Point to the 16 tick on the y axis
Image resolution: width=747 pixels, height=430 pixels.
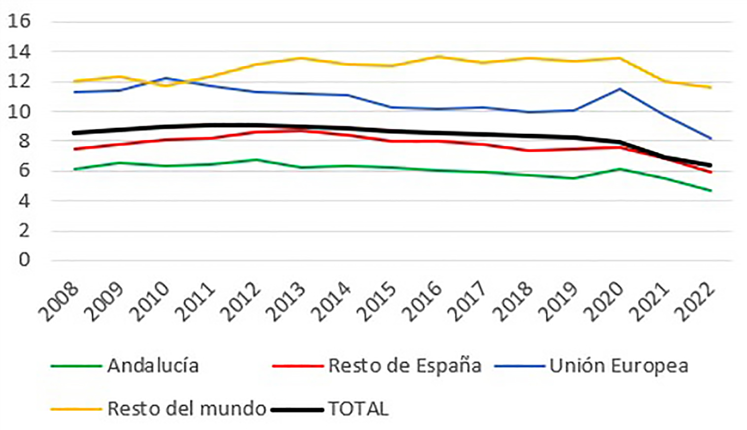click(19, 21)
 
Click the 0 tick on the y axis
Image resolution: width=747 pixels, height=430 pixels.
click(24, 260)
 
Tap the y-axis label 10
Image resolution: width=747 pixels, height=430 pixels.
click(19, 111)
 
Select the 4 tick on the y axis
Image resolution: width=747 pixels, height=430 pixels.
click(24, 200)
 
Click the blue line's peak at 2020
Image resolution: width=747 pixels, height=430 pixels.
click(619, 89)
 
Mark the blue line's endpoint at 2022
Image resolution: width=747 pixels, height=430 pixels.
click(711, 139)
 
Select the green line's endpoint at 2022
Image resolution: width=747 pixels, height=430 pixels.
click(711, 191)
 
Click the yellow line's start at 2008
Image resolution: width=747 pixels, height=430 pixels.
click(74, 81)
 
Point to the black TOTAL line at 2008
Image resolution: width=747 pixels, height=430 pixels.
click(74, 133)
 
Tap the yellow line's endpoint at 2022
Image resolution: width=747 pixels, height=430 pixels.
click(711, 88)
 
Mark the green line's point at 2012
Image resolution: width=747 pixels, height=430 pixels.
click(256, 160)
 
